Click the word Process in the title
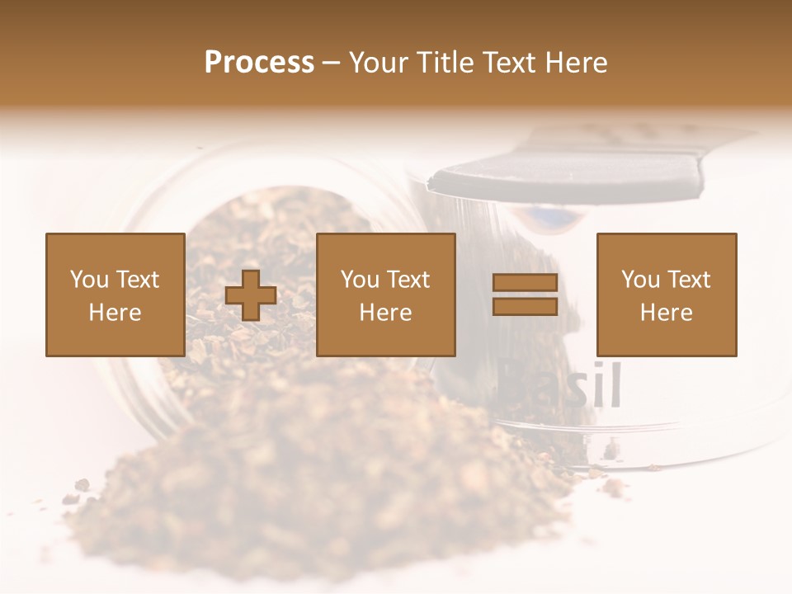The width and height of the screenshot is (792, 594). [259, 62]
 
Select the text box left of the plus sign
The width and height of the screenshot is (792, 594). [115, 295]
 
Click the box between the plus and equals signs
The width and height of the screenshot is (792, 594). [386, 295]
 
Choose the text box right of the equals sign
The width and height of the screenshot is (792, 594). [666, 295]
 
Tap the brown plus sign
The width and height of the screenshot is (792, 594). [251, 295]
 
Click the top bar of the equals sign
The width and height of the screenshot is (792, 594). [525, 283]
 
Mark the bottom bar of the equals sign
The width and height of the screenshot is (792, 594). [525, 306]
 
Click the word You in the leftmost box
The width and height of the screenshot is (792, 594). [88, 280]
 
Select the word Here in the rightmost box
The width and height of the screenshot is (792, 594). [666, 313]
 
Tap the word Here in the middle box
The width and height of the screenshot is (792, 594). [386, 313]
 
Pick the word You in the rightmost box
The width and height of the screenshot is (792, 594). [639, 280]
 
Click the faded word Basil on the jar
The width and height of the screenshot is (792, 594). [561, 385]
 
